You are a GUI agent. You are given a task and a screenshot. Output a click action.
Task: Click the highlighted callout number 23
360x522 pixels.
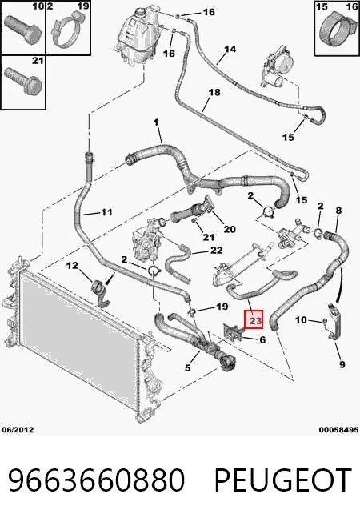click(254, 320)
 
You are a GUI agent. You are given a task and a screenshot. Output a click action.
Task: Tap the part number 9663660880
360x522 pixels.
click(96, 480)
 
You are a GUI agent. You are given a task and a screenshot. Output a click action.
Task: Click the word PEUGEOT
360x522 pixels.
click(283, 480)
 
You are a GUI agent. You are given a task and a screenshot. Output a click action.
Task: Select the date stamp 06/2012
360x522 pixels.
click(18, 430)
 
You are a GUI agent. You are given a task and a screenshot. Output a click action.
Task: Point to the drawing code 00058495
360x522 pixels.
click(338, 430)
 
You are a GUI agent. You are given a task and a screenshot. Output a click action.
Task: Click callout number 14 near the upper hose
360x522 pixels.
click(230, 50)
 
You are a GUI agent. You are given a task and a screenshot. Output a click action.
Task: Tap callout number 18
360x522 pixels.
click(214, 92)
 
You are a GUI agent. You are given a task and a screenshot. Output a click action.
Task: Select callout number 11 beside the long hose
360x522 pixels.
click(106, 212)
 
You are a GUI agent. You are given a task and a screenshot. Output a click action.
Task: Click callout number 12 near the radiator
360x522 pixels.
click(72, 265)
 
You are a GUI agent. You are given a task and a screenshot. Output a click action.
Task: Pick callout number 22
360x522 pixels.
click(216, 250)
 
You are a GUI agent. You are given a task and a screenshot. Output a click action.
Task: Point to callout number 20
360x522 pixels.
click(230, 229)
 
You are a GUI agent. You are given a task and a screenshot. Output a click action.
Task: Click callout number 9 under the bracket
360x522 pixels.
click(342, 364)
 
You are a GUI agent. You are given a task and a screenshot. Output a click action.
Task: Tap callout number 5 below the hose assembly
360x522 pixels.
click(188, 367)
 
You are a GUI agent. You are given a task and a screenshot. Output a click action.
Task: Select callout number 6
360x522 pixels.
click(262, 340)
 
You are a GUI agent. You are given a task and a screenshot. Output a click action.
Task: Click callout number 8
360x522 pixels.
click(338, 211)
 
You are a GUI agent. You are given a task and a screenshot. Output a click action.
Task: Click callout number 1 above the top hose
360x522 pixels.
click(156, 122)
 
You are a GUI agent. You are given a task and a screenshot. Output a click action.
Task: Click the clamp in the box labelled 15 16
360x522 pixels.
click(336, 30)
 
